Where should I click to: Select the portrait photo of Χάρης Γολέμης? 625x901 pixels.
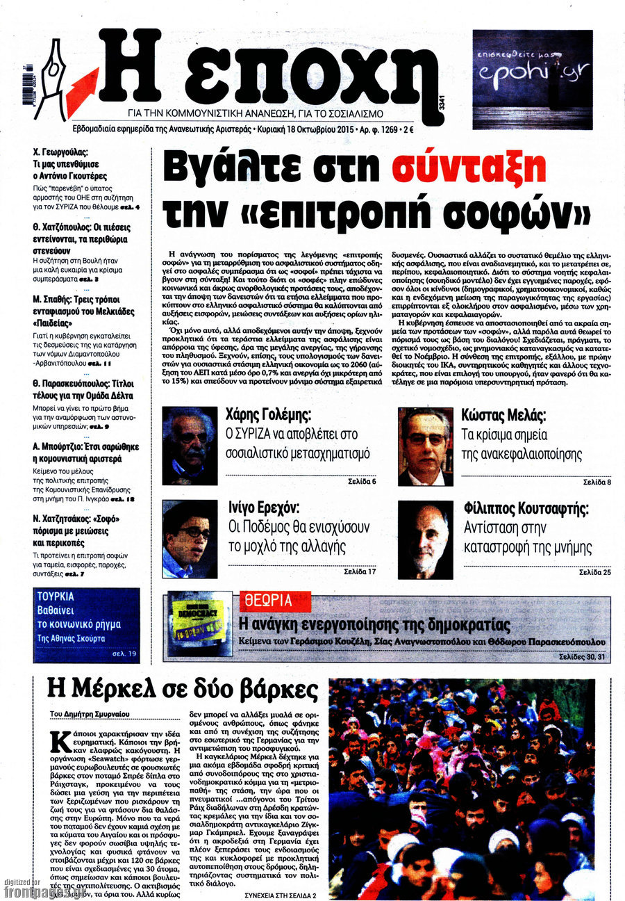click(190, 446)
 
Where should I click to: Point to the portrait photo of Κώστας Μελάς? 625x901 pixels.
click(425, 446)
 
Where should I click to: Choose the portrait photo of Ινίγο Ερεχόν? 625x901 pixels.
click(190, 539)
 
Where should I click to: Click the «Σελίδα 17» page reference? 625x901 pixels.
click(360, 571)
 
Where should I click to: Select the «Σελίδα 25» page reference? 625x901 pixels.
click(596, 571)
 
